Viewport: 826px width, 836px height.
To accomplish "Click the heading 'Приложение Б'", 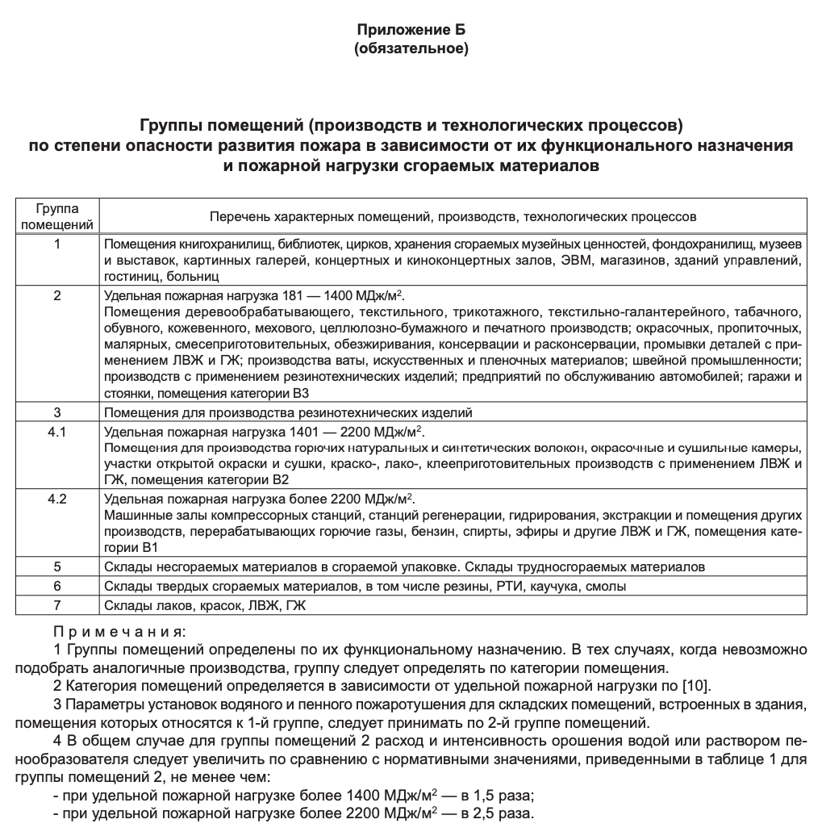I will (x=411, y=30).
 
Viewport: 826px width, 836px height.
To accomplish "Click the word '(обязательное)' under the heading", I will (x=411, y=48).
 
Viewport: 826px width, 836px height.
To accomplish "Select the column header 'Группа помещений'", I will (x=56, y=216).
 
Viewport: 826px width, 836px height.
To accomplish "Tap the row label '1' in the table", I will (x=56, y=243).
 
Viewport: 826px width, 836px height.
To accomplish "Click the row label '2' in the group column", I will (x=56, y=295).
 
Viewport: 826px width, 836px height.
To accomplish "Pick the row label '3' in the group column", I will (x=56, y=412).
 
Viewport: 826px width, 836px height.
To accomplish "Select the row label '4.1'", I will (x=56, y=431).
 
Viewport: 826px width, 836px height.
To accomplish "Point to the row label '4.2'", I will (x=56, y=498).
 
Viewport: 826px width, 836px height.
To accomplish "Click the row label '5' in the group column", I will (x=56, y=566).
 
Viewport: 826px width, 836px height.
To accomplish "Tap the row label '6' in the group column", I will (x=56, y=586).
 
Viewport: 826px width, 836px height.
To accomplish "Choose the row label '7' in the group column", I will (x=56, y=604).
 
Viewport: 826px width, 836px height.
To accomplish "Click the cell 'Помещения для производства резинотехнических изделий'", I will (x=288, y=412).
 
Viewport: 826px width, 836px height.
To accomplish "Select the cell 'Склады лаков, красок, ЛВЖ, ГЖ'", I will (x=206, y=604).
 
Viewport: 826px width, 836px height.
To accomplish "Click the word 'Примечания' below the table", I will (x=119, y=629).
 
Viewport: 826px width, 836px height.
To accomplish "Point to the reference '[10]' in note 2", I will (x=695, y=686).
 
